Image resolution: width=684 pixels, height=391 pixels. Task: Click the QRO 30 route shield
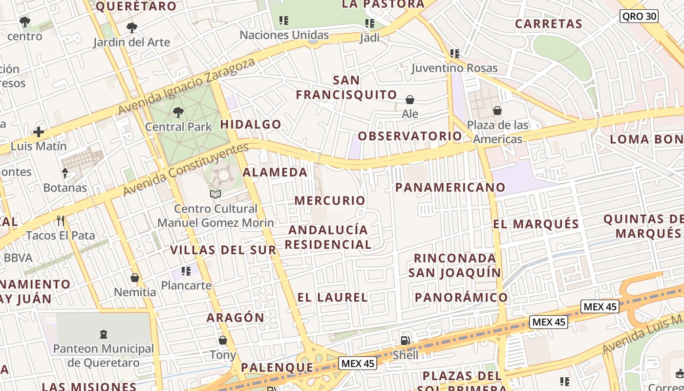639,16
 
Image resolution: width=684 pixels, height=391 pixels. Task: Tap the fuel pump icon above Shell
405,340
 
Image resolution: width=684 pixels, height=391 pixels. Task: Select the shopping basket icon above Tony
223,340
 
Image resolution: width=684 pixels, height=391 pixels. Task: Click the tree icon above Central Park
178,112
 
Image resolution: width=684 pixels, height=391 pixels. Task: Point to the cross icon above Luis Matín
38,131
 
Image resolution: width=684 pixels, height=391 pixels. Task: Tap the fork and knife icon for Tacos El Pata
61,221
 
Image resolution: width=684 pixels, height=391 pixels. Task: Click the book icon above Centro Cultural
215,194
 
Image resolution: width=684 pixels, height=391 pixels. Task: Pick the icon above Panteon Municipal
103,334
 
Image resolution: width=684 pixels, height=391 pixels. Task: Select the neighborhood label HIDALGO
251,124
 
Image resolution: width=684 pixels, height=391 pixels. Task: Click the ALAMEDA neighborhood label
275,172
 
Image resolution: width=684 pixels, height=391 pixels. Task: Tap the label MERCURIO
330,200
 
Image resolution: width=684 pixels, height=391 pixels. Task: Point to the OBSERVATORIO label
410,136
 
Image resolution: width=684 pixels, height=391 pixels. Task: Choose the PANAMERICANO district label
450,187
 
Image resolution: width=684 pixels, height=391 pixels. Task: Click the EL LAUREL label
332,297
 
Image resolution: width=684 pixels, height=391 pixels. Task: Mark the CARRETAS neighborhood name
549,24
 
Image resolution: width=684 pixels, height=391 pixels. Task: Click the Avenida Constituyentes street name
185,169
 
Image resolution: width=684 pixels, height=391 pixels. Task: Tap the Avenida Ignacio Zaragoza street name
187,87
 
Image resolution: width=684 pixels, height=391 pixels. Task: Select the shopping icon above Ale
410,100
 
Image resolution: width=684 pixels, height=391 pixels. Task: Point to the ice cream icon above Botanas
64,173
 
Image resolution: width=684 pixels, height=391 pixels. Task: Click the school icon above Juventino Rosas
455,54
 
